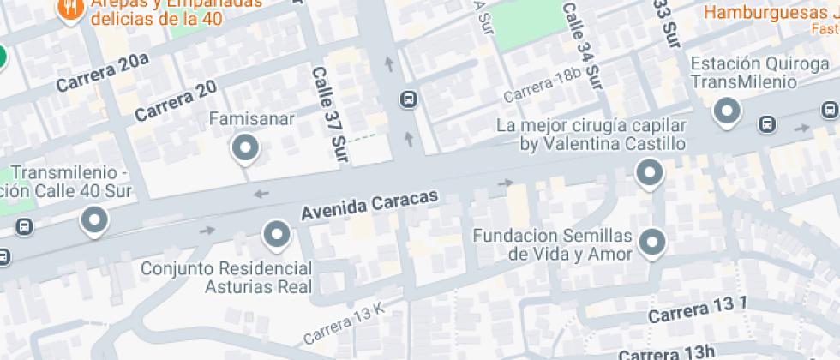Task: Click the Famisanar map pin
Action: pos(246,149)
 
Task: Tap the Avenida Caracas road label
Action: pos(369,204)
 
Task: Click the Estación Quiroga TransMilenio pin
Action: pos(728,111)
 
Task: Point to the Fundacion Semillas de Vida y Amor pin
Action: pos(653,242)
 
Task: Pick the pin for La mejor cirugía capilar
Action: pos(649,173)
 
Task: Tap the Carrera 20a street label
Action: pos(102,72)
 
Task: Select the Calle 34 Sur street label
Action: pos(583,45)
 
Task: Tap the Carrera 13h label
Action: pos(666,352)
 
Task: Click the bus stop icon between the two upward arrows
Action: pos(409,100)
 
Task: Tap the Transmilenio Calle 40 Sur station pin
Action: pos(93,221)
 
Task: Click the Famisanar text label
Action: pos(252,119)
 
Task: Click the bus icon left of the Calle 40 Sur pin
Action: pos(25,227)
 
